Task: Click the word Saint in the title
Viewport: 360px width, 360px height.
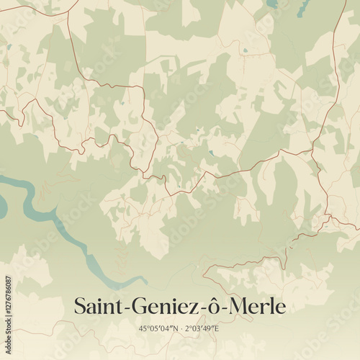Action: pos(98,307)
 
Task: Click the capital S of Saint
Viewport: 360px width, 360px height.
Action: pos(81,307)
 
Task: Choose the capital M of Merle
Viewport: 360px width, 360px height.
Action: pos(238,307)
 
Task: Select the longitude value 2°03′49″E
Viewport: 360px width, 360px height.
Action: pos(202,329)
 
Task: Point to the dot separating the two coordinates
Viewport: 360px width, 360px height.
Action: pos(181,329)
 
